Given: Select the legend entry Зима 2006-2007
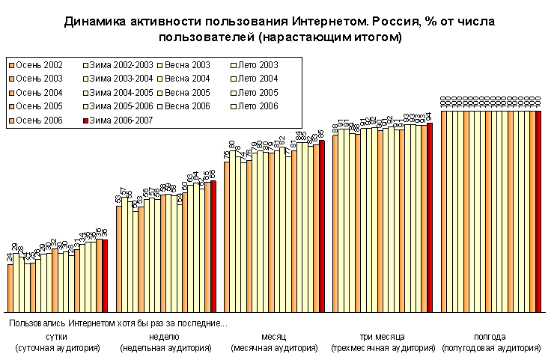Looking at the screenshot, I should pyautogui.click(x=112, y=120).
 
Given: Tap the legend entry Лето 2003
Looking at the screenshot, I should pyautogui.click(x=258, y=65).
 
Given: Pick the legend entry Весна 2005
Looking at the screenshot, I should pyautogui.click(x=187, y=93).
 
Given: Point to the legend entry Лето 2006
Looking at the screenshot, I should pyautogui.click(x=258, y=106).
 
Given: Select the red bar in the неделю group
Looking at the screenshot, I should pyautogui.click(x=213, y=246).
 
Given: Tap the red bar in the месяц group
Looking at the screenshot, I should pyautogui.click(x=322, y=225).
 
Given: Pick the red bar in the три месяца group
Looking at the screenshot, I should pyautogui.click(x=430, y=217).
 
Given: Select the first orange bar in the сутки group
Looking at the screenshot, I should pyautogui.click(x=10, y=287).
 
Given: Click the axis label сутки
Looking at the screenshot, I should pyautogui.click(x=58, y=337).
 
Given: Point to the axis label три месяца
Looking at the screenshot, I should pyautogui.click(x=382, y=337).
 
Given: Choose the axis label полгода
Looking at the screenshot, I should pyautogui.click(x=490, y=337).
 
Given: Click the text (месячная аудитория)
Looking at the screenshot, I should pyautogui.click(x=274, y=348).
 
